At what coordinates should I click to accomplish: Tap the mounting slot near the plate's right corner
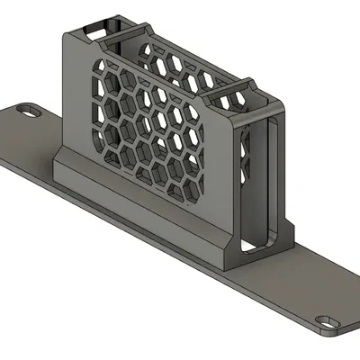click(x=325, y=320)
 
